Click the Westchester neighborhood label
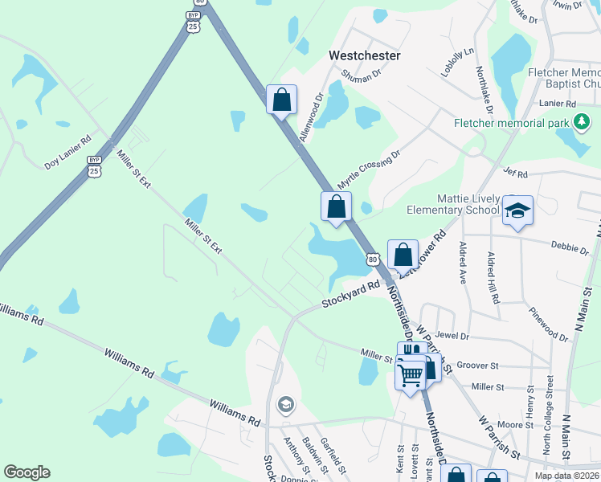[365, 55]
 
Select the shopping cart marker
[410, 374]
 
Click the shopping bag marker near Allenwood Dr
[281, 100]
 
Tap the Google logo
[27, 472]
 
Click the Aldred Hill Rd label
[493, 278]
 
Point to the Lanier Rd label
[558, 104]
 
